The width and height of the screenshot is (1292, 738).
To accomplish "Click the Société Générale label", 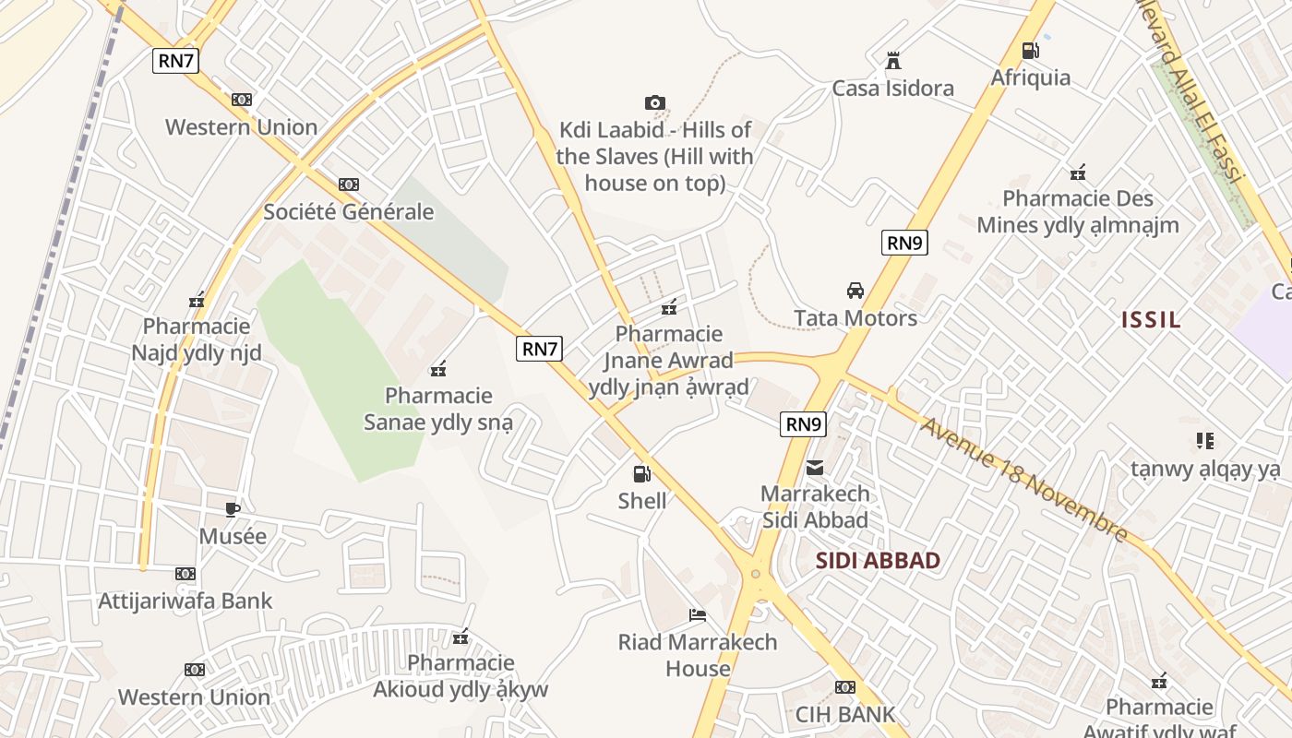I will (348, 211).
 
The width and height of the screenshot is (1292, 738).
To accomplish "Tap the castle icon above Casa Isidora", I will (892, 61).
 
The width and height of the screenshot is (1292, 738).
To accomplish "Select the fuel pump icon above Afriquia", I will (1030, 51).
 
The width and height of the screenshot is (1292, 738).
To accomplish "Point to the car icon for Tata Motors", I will (855, 291).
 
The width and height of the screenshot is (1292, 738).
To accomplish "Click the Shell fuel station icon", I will (641, 474).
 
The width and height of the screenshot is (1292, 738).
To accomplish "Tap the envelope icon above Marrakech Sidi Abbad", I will (815, 468).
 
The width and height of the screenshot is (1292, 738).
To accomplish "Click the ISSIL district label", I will (1151, 320).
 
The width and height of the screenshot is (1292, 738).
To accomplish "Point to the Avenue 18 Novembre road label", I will (1023, 480).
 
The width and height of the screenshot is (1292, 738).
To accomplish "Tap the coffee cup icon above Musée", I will (233, 509).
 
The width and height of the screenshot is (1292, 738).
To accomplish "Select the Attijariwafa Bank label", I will (185, 601).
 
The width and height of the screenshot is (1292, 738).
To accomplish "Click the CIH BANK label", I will (845, 714).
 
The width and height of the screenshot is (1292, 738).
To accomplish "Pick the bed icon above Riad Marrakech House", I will (698, 615).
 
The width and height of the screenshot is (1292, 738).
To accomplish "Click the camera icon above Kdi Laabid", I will (654, 103).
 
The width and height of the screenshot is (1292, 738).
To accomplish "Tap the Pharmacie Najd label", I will (197, 339).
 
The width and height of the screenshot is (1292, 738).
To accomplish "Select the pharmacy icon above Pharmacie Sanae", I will (438, 369).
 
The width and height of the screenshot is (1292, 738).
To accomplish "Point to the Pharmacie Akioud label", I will (461, 676).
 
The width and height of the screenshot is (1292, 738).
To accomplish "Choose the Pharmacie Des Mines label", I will (1078, 211).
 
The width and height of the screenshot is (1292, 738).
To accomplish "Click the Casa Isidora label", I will (892, 89).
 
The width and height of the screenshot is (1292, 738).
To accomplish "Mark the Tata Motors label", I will (855, 318).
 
